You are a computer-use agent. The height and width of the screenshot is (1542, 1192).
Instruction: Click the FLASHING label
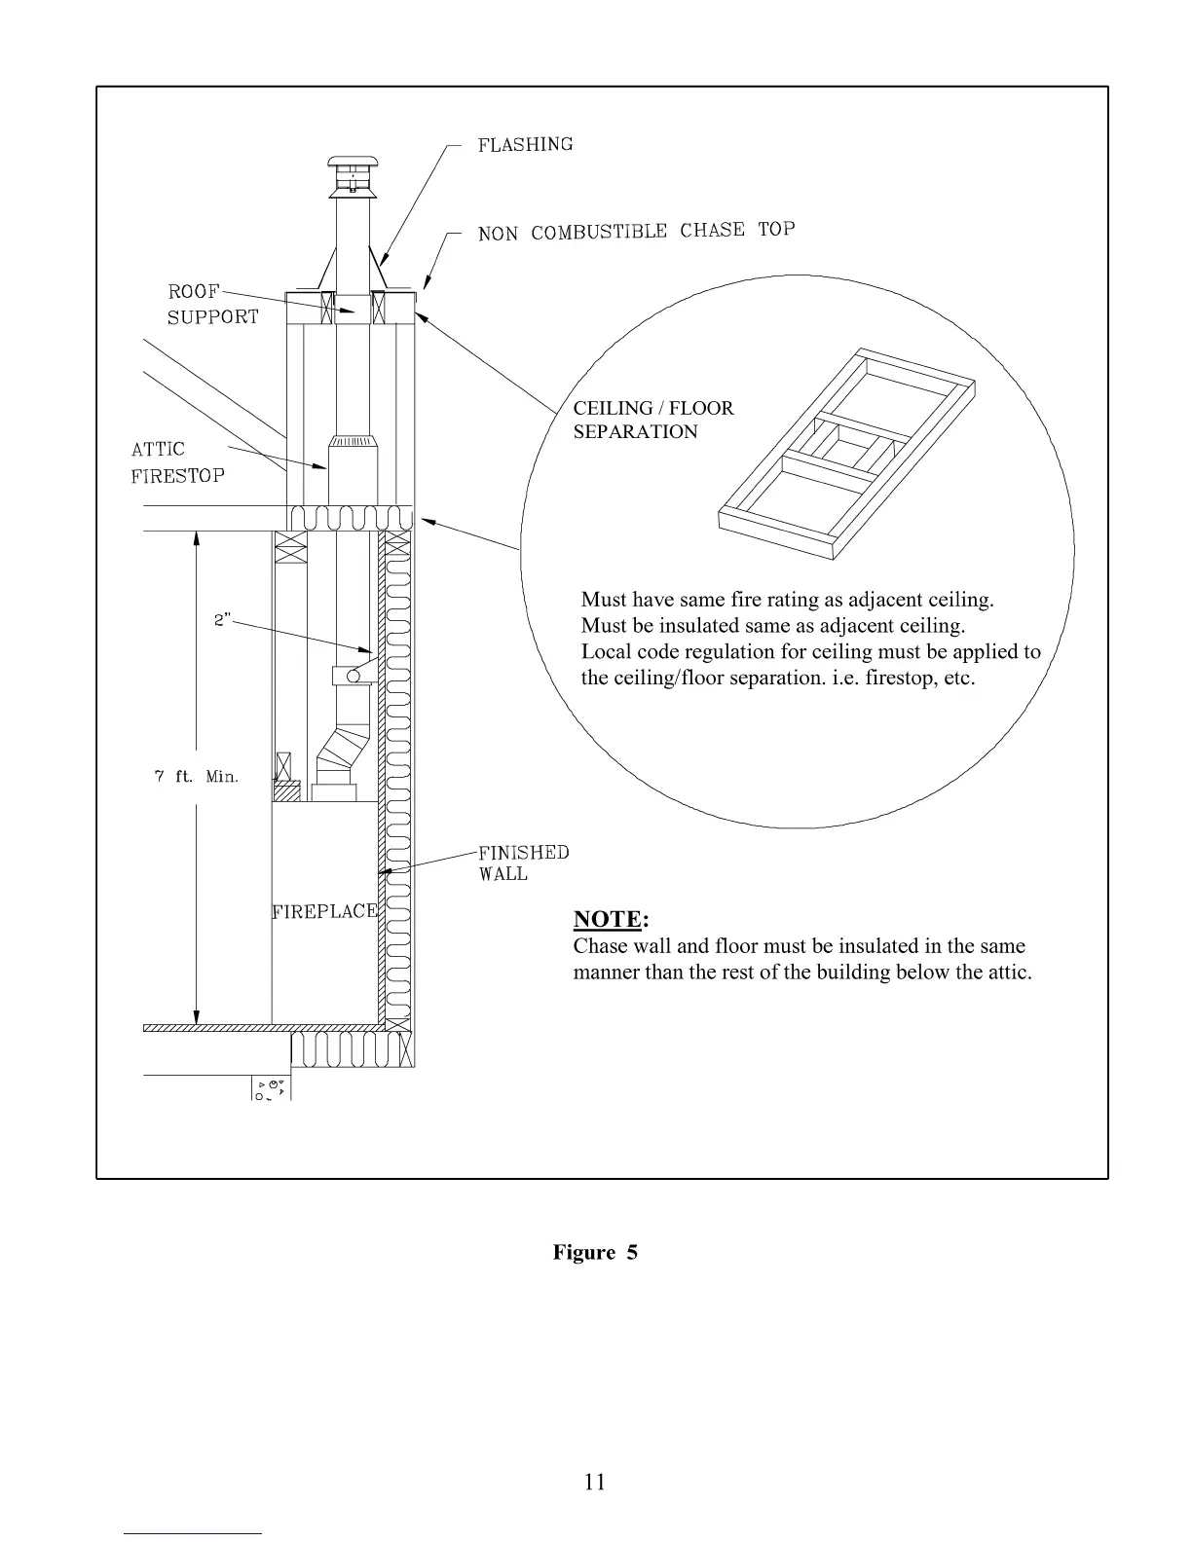pyautogui.click(x=525, y=145)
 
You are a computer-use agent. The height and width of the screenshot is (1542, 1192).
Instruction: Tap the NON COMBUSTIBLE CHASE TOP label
pyautogui.click(x=636, y=232)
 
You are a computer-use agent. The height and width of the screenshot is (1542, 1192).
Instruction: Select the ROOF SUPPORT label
pyautogui.click(x=213, y=304)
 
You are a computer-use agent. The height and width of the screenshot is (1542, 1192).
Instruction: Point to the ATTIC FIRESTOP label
pyautogui.click(x=178, y=462)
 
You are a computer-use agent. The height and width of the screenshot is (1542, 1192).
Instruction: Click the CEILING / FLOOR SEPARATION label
pyautogui.click(x=652, y=420)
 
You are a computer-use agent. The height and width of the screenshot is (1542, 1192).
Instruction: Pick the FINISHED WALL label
pyautogui.click(x=523, y=863)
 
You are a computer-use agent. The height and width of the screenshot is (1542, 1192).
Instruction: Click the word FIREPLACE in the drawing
pyautogui.click(x=324, y=911)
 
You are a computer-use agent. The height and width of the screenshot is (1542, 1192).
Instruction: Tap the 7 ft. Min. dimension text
pyautogui.click(x=197, y=777)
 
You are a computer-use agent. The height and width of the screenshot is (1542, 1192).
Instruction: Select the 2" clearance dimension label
pyautogui.click(x=223, y=619)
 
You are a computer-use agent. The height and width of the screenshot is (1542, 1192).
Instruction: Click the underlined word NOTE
pyautogui.click(x=608, y=919)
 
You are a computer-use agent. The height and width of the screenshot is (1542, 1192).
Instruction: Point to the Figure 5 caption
pyautogui.click(x=595, y=1252)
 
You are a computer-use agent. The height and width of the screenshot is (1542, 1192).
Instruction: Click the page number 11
pyautogui.click(x=595, y=1482)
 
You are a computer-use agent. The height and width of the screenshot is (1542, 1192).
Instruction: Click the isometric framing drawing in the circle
pyautogui.click(x=845, y=452)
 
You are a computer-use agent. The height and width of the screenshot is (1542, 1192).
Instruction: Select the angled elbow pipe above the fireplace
pyautogui.click(x=337, y=752)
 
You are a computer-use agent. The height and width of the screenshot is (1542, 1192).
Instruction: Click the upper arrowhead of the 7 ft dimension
pyautogui.click(x=197, y=538)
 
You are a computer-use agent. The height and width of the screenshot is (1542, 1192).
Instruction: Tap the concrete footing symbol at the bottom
pyautogui.click(x=272, y=1088)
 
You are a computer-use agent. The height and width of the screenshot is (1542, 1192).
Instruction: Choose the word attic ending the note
pyautogui.click(x=1006, y=972)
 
